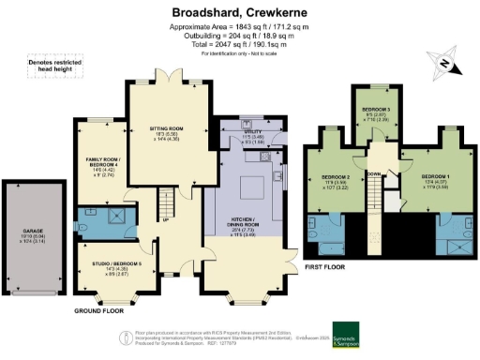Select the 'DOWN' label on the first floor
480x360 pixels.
(373, 174)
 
